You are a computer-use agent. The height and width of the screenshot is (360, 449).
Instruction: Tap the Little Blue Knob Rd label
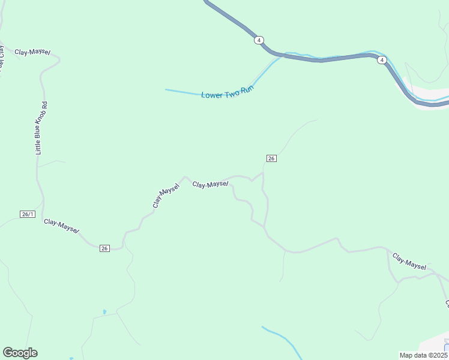[41, 128]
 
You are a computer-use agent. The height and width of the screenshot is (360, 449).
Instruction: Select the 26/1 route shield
[28, 214]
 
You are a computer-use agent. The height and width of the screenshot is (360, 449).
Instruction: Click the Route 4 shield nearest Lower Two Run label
[258, 40]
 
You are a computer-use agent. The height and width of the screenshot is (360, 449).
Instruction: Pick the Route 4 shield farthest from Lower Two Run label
[381, 60]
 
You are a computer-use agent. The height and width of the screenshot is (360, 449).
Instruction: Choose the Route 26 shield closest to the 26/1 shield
[104, 248]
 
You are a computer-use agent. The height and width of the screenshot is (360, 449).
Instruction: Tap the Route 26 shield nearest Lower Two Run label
[271, 158]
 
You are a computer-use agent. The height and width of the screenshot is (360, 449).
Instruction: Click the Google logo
[20, 353]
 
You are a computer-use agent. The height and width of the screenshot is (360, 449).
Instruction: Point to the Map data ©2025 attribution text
[424, 355]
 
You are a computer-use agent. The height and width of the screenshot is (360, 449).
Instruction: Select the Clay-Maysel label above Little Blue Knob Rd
[32, 52]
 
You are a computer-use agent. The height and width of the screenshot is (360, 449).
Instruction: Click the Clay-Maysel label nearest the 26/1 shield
[61, 226]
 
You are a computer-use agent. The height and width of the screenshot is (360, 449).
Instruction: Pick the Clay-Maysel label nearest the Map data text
[409, 261]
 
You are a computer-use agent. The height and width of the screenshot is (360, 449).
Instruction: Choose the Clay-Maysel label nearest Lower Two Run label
[211, 184]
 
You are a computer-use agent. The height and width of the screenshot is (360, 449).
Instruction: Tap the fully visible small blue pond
[104, 312]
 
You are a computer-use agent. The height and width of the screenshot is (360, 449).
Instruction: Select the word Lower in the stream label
[211, 95]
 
